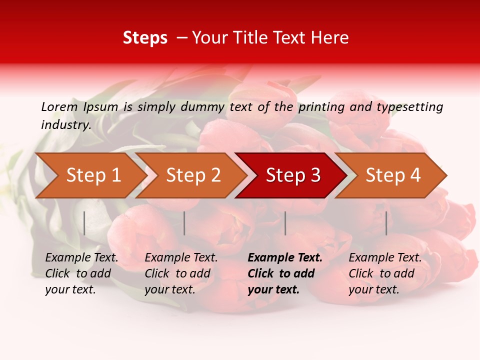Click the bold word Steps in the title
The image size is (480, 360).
pos(145,38)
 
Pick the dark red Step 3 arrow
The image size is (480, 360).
pos(293,175)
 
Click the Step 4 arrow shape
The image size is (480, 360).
pos(393,175)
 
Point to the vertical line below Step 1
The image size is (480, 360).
pos(84,223)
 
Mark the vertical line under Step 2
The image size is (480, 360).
pos(184,223)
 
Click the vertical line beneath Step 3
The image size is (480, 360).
pos(285,223)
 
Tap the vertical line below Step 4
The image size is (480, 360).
pos(386,223)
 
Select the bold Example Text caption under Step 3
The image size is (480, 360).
pos(285,273)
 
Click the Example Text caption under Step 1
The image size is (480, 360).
pos(81,273)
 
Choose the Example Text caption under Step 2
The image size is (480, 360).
pos(181,273)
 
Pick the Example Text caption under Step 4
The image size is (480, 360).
pos(385,273)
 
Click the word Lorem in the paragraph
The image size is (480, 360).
pos(59,107)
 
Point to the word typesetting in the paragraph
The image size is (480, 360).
pos(409,107)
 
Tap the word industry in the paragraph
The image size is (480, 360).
pos(65,125)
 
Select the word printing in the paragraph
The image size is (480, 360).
pos(321,107)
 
